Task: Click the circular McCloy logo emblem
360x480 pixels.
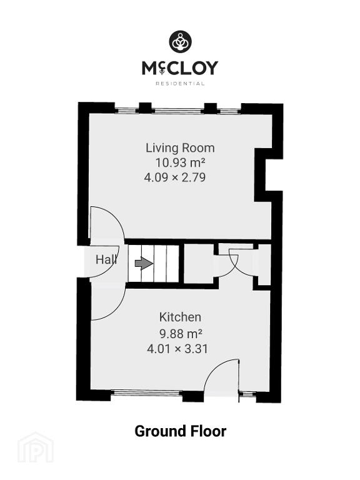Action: (180, 42)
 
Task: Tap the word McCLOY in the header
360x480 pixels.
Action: (180, 68)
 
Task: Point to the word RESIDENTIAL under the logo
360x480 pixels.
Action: (180, 83)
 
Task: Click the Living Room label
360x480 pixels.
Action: (180, 148)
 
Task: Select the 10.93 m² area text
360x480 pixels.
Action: (180, 162)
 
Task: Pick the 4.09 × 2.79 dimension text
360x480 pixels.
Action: (175, 177)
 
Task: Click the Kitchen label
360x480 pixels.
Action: (180, 317)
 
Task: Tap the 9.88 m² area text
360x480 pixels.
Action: (181, 333)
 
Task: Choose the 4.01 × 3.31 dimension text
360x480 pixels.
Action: (177, 349)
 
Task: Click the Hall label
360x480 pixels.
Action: (106, 259)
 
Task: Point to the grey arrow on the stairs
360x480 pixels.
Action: (144, 263)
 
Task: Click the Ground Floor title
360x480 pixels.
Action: (180, 431)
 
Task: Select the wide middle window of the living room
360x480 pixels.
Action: (178, 111)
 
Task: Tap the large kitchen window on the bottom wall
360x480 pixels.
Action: (147, 392)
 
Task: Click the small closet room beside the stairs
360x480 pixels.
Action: (198, 263)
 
